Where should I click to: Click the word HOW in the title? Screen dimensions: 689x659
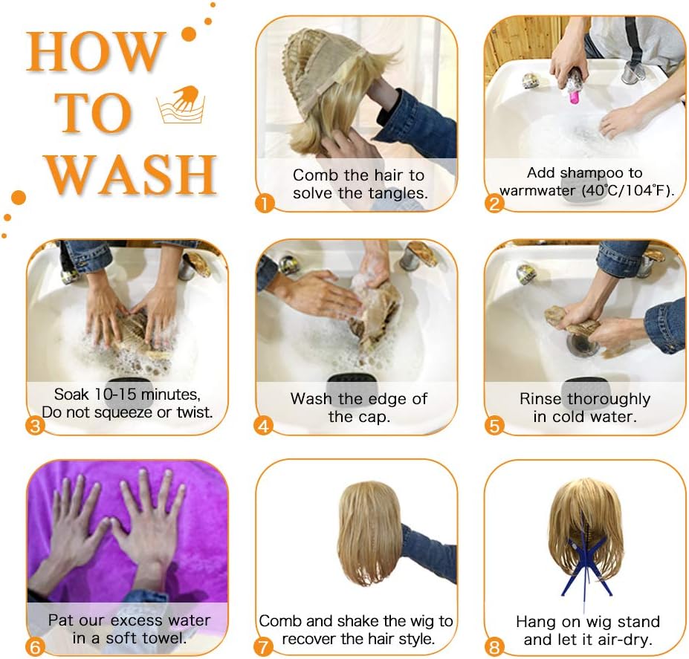click(x=95, y=52)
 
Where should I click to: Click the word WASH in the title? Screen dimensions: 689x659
click(x=131, y=175)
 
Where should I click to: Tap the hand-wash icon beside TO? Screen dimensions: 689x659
click(x=181, y=104)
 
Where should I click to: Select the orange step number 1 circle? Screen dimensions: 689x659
click(x=265, y=204)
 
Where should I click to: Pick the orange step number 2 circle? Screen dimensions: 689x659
click(x=494, y=204)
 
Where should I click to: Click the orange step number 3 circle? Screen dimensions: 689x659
click(x=35, y=425)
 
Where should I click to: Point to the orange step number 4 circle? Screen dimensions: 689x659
click(x=264, y=426)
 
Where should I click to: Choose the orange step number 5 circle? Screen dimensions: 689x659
click(x=494, y=426)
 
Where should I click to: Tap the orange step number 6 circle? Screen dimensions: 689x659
click(x=35, y=646)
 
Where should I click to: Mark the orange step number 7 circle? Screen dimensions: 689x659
click(x=264, y=646)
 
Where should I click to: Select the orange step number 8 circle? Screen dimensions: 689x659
click(x=494, y=646)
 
